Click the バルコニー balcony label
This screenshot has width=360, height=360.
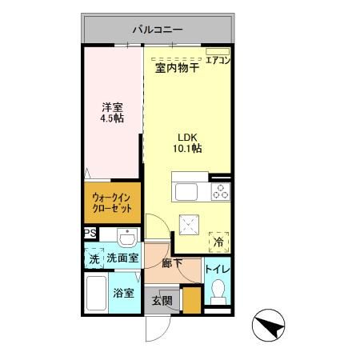click(158, 30)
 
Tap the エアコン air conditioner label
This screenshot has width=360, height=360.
click(217, 59)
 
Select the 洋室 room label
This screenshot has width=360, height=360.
click(112, 105)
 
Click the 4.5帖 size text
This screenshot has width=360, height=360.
click(112, 117)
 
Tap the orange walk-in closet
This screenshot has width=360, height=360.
click(111, 204)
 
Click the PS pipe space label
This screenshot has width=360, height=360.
click(89, 234)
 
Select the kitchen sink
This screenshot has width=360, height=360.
click(186, 193)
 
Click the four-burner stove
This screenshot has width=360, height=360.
click(219, 193)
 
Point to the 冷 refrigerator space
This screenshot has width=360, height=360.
click(218, 240)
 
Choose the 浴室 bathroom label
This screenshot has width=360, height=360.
click(123, 294)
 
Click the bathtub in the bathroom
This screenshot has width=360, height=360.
click(96, 296)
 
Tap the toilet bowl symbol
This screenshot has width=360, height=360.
click(216, 294)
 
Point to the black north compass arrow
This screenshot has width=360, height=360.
click(273, 325)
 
